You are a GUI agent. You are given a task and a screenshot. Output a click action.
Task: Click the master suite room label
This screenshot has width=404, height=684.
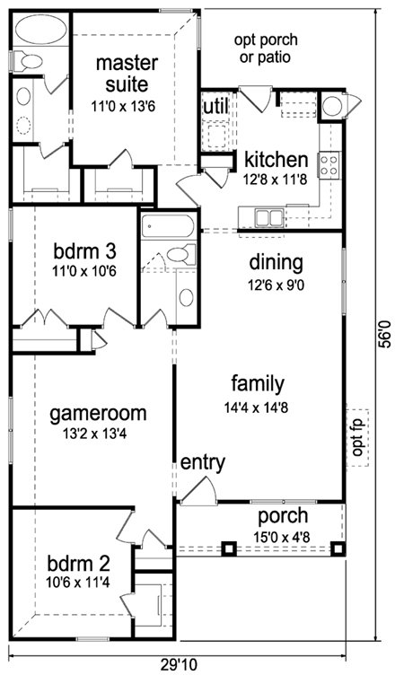(127, 74)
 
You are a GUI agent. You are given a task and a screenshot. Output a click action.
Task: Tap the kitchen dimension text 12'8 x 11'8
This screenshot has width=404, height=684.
(277, 180)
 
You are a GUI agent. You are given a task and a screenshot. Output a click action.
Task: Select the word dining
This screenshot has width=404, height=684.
(277, 263)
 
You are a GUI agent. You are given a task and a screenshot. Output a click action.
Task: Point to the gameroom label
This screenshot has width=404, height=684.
(98, 413)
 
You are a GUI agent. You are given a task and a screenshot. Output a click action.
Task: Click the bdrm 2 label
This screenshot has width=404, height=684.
(78, 564)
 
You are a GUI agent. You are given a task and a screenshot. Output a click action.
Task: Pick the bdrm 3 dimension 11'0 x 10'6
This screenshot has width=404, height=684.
(84, 271)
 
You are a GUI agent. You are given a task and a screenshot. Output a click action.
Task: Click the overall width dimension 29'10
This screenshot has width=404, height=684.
(179, 665)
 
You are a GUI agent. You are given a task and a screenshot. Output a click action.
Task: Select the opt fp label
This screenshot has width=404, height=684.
(357, 437)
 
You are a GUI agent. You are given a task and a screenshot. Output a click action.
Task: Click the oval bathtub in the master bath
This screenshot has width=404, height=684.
(40, 30)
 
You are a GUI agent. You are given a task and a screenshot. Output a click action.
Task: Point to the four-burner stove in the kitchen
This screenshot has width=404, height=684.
(329, 165)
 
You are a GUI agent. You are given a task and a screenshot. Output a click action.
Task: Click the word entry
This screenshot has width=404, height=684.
(203, 463)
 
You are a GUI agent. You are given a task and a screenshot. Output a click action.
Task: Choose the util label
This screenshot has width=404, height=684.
(215, 106)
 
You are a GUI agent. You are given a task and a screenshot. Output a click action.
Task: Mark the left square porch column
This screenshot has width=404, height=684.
(229, 548)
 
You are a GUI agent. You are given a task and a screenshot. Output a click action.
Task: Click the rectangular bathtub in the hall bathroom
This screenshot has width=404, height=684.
(168, 226)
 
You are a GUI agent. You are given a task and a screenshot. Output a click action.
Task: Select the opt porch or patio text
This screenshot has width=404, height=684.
(266, 48)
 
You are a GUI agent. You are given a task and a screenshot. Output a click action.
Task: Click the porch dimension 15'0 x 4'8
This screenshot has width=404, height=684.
(282, 537)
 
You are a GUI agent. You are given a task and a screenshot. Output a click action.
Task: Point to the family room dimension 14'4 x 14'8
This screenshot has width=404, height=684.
(257, 408)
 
